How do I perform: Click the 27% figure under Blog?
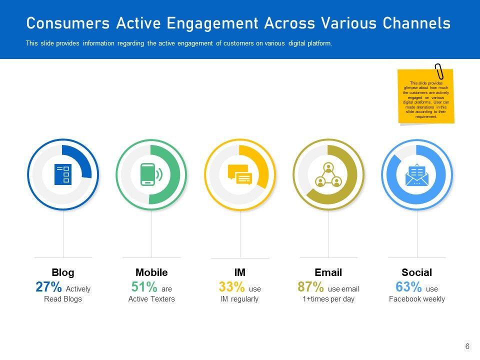[48, 287]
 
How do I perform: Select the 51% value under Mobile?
[144, 287]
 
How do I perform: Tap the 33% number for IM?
[231, 287]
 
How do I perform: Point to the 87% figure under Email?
[310, 287]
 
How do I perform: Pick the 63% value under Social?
[408, 287]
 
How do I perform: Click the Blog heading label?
[63, 272]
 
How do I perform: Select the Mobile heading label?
[151, 272]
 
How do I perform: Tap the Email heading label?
[328, 272]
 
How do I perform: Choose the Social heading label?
[416, 272]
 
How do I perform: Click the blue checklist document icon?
[63, 174]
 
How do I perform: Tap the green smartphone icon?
[151, 174]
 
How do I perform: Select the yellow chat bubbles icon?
[240, 174]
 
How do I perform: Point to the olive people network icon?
[328, 174]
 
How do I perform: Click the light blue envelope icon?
[417, 174]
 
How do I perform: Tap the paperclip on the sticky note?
[439, 71]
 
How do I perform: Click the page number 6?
[467, 346]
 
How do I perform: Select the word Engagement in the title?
[213, 23]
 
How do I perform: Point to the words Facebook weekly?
[416, 299]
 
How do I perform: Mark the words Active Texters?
[151, 299]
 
